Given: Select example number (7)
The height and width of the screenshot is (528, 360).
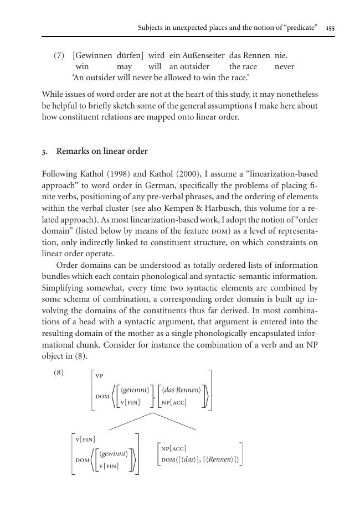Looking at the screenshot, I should [x=59, y=56].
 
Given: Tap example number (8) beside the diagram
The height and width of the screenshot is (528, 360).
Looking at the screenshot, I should [x=59, y=372].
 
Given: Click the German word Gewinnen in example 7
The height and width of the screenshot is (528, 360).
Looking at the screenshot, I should [x=94, y=56].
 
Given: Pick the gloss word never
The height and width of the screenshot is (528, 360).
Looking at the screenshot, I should [x=284, y=67].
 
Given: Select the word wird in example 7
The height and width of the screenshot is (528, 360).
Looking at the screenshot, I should [x=156, y=56].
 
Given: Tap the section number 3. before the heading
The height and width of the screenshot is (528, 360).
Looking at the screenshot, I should [x=45, y=151].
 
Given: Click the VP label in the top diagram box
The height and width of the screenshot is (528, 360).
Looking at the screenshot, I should [x=100, y=376].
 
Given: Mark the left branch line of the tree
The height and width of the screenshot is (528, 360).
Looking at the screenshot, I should [x=131, y=421].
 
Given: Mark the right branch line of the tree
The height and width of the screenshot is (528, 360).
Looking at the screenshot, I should [x=176, y=421].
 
